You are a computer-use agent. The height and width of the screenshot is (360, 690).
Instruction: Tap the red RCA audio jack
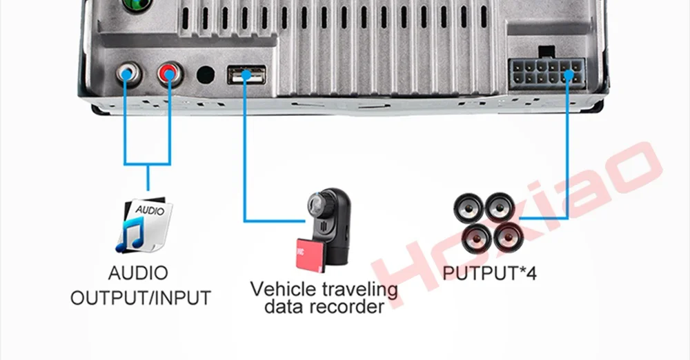coord(168,72)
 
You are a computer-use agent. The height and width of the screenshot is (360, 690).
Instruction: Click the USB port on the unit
coord(246,74)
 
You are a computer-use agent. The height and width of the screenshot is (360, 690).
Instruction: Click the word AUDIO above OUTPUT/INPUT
coord(138,273)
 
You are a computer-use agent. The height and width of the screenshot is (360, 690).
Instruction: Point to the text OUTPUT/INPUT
coord(141,298)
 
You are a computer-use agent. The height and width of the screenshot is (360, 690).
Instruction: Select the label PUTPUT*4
coord(489,272)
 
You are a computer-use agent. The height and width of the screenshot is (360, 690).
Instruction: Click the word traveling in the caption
coord(363,289)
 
